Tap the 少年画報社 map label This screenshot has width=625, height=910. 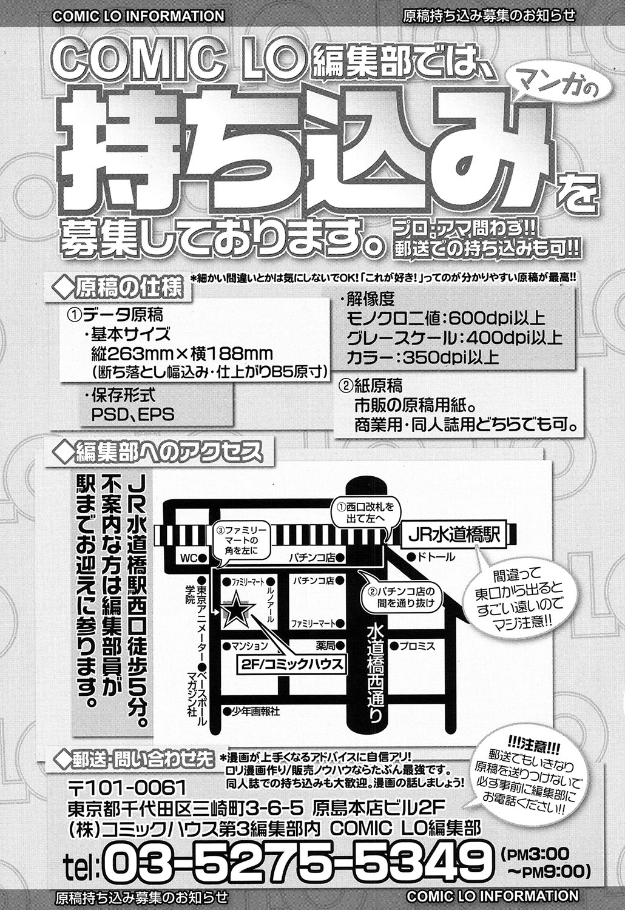pos(254,711)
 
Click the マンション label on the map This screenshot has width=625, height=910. pos(249,645)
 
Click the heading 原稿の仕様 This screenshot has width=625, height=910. pos(121,288)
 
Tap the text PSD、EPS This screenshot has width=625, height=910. pos(132,415)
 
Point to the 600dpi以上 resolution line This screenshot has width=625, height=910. pos(445,318)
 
